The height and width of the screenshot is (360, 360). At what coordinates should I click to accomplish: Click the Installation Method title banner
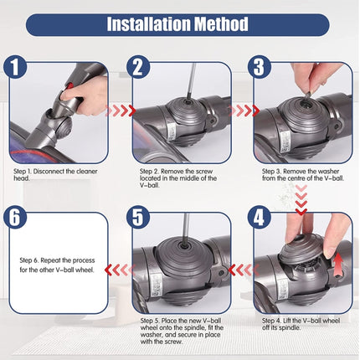click(x=179, y=23)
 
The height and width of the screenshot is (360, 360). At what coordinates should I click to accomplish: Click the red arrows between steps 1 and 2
click(x=122, y=110)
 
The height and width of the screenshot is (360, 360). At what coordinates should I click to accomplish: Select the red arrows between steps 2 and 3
click(x=245, y=110)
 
